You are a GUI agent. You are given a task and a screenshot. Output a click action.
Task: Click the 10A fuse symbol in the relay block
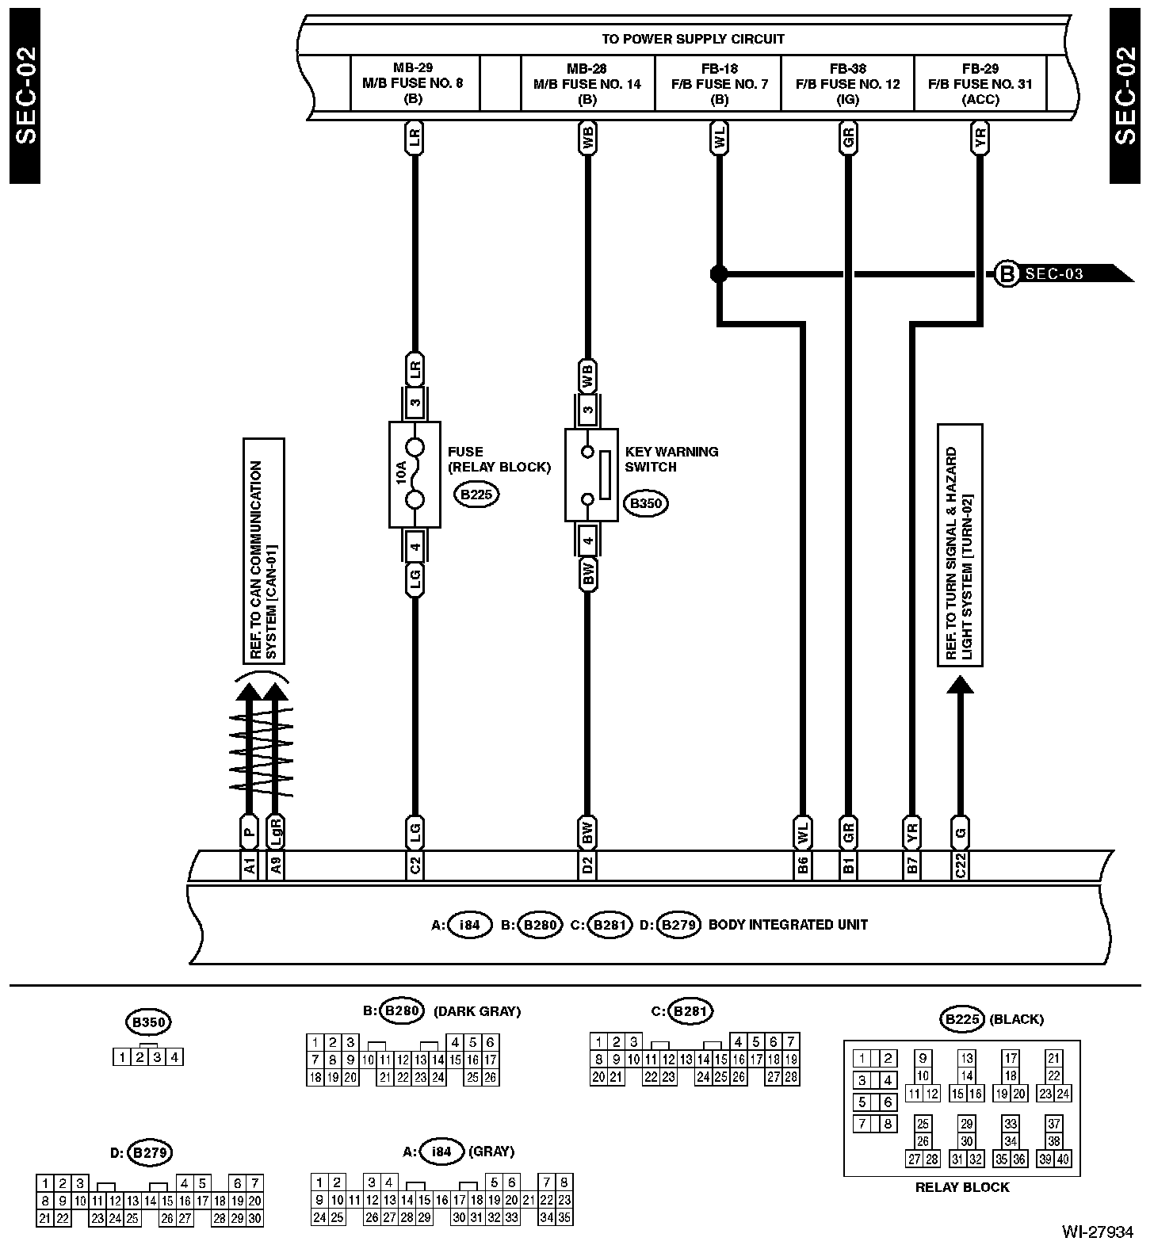click(415, 474)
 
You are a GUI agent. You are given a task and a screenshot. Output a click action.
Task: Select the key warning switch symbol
click(591, 475)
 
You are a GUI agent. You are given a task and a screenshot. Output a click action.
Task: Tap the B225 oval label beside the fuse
click(476, 495)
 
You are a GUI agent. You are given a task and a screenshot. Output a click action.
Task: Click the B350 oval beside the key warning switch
click(644, 503)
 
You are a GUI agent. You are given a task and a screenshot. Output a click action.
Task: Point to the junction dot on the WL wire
click(718, 274)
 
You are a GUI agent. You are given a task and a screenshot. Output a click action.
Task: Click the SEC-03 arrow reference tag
click(1062, 274)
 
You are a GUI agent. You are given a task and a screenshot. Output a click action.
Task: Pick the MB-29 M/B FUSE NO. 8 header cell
click(414, 83)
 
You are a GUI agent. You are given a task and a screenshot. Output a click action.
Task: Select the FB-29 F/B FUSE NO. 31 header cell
click(980, 83)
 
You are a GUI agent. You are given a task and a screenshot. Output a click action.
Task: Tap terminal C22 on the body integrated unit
click(960, 865)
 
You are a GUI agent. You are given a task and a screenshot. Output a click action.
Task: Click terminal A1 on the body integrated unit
click(250, 865)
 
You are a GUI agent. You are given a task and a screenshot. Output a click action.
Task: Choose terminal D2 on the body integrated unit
click(587, 865)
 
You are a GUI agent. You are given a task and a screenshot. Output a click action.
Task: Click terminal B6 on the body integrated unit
click(803, 865)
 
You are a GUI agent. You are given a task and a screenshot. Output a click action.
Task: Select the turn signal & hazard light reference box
click(960, 545)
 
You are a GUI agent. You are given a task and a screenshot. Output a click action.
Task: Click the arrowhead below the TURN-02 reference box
click(960, 684)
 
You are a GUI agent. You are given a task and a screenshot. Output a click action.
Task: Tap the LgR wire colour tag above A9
click(276, 832)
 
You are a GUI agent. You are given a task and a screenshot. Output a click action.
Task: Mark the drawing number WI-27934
click(1098, 1232)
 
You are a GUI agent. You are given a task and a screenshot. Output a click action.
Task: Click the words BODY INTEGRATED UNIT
click(787, 924)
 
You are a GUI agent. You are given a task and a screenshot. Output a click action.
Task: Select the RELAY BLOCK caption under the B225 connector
click(961, 1187)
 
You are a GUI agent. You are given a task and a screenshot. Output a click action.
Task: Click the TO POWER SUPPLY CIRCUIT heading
click(693, 39)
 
